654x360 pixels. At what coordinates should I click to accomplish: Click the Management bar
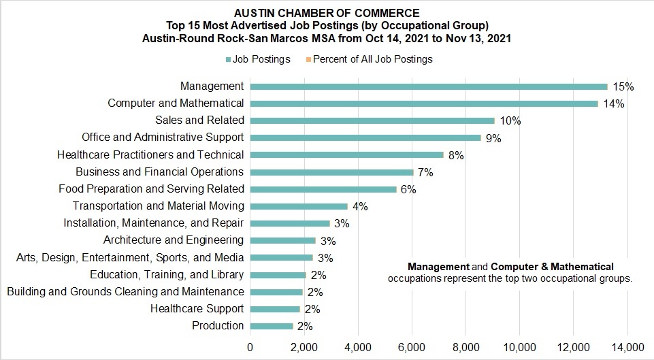[429, 86]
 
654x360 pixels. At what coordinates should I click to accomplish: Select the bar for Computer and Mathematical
[424, 103]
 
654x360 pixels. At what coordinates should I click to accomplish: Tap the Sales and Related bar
[372, 120]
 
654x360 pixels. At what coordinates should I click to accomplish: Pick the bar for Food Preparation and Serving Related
[323, 189]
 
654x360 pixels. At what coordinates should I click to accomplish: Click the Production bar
[272, 326]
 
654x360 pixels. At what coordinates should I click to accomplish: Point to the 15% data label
[623, 86]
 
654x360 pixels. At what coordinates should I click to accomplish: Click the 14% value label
[613, 103]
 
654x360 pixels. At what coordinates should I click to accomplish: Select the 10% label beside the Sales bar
[510, 120]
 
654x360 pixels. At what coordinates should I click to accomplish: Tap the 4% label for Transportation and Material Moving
[359, 206]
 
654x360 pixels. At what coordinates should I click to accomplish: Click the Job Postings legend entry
[258, 59]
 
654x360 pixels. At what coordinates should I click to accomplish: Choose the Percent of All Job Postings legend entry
[369, 59]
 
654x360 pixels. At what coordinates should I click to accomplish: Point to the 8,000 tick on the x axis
[465, 346]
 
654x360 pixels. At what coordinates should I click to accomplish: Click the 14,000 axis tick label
[627, 346]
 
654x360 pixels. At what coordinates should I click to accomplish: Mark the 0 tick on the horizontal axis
[250, 346]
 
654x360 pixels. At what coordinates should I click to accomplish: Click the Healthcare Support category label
[197, 309]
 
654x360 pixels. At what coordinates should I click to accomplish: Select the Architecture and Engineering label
[173, 240]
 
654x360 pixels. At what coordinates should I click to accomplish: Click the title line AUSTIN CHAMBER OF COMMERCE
[326, 13]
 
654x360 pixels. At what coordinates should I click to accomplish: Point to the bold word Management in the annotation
[438, 267]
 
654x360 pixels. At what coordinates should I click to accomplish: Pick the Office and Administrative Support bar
[365, 137]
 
